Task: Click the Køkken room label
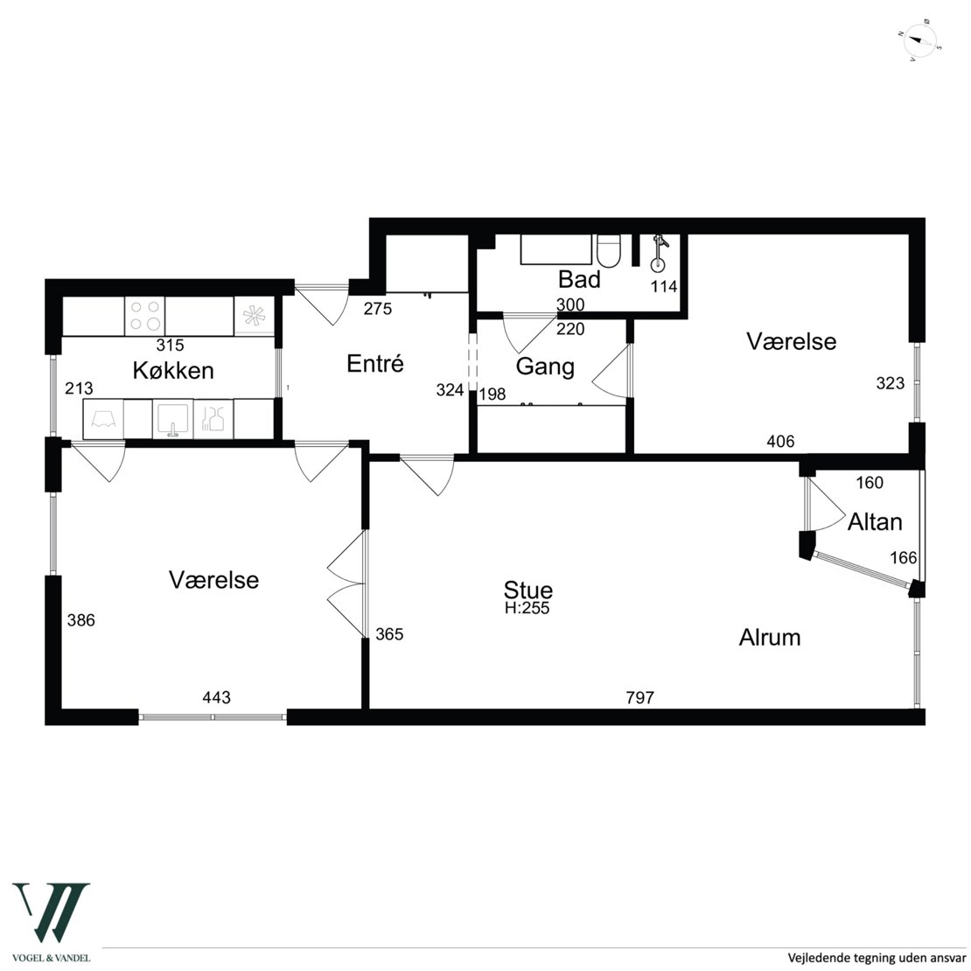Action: [x=173, y=370]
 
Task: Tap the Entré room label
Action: [x=375, y=363]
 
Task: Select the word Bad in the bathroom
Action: [x=579, y=279]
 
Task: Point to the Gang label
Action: [x=545, y=367]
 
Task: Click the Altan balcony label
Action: [x=875, y=522]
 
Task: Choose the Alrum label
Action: [x=770, y=637]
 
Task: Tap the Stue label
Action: [x=527, y=590]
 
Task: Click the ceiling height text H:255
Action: [x=527, y=608]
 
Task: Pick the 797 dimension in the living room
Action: [x=639, y=698]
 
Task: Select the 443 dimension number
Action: [x=216, y=698]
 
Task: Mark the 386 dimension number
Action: [x=81, y=620]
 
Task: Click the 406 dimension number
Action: [x=780, y=442]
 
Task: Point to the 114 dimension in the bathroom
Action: [x=664, y=287]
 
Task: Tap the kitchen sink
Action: [x=173, y=419]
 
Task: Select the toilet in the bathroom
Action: [x=608, y=251]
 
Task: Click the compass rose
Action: [x=919, y=44]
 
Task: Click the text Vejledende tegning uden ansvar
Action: [x=877, y=958]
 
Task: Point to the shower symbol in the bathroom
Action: [x=659, y=254]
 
